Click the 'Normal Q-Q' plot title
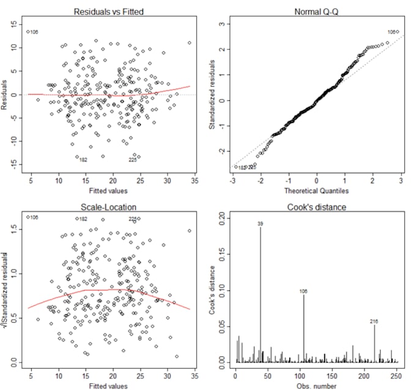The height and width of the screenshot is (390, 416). [x=317, y=12]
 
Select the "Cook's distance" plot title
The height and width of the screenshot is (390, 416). [x=317, y=207]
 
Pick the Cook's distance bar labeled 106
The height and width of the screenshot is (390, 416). [x=304, y=330]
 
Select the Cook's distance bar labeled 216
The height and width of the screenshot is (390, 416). [x=374, y=345]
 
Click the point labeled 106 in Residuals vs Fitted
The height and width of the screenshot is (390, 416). [x=28, y=31]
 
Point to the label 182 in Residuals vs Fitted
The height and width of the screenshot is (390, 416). [x=83, y=160]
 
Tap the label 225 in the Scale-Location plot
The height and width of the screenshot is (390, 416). [x=133, y=218]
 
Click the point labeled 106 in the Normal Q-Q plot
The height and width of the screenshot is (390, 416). [x=397, y=32]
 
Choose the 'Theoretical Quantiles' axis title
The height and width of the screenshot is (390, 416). [x=317, y=191]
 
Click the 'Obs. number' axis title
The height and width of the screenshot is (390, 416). [x=317, y=386]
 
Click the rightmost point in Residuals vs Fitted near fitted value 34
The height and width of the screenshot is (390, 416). [x=189, y=43]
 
